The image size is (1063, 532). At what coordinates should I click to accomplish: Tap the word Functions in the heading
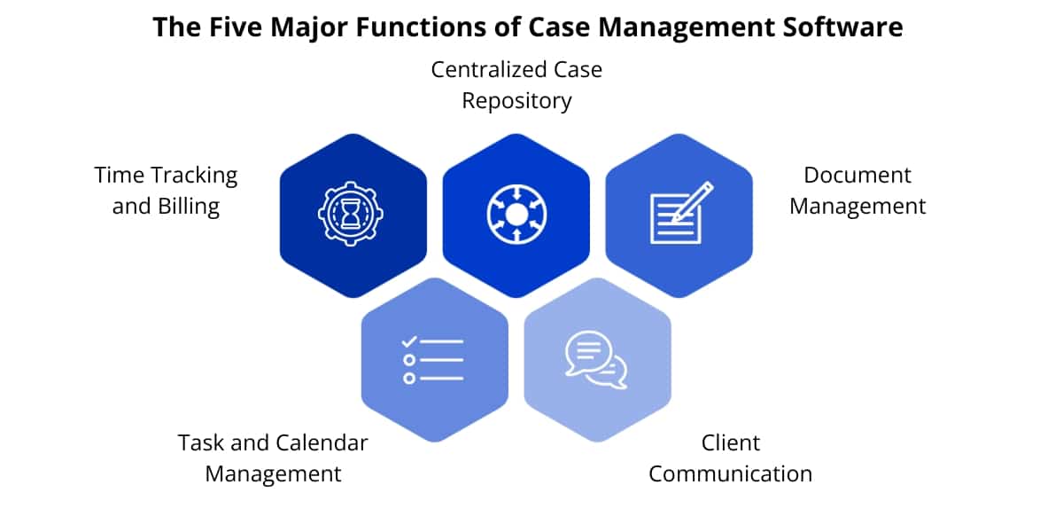(424, 27)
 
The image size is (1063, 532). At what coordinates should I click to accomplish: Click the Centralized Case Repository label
(516, 85)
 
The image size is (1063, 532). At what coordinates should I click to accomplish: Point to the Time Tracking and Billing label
(167, 191)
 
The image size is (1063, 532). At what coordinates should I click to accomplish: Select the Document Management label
(857, 191)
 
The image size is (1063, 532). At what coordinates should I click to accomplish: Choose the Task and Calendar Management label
(273, 458)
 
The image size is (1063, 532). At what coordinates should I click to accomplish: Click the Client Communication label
(730, 458)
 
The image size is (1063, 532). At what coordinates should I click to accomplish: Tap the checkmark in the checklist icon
(409, 341)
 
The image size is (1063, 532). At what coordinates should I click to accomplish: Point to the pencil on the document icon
(694, 199)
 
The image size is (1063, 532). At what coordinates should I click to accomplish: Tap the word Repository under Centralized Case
(516, 101)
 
